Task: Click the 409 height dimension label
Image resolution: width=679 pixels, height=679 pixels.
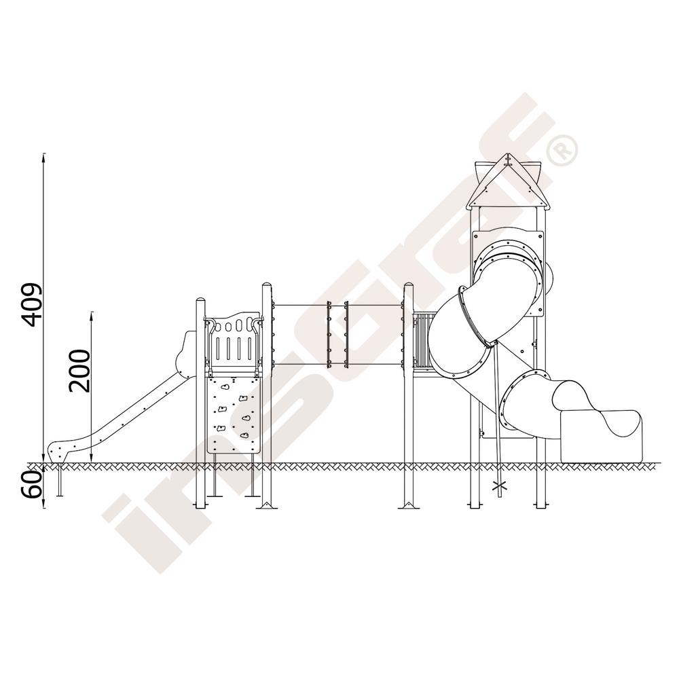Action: click(x=33, y=305)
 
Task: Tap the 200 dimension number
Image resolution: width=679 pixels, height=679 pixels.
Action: click(x=79, y=371)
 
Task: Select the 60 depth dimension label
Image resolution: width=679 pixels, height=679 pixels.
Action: click(x=33, y=484)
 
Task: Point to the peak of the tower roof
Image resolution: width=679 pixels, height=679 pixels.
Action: click(x=507, y=154)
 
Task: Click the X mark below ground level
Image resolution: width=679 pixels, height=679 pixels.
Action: click(x=500, y=486)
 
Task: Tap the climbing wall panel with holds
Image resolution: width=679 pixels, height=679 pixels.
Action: click(x=234, y=415)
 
